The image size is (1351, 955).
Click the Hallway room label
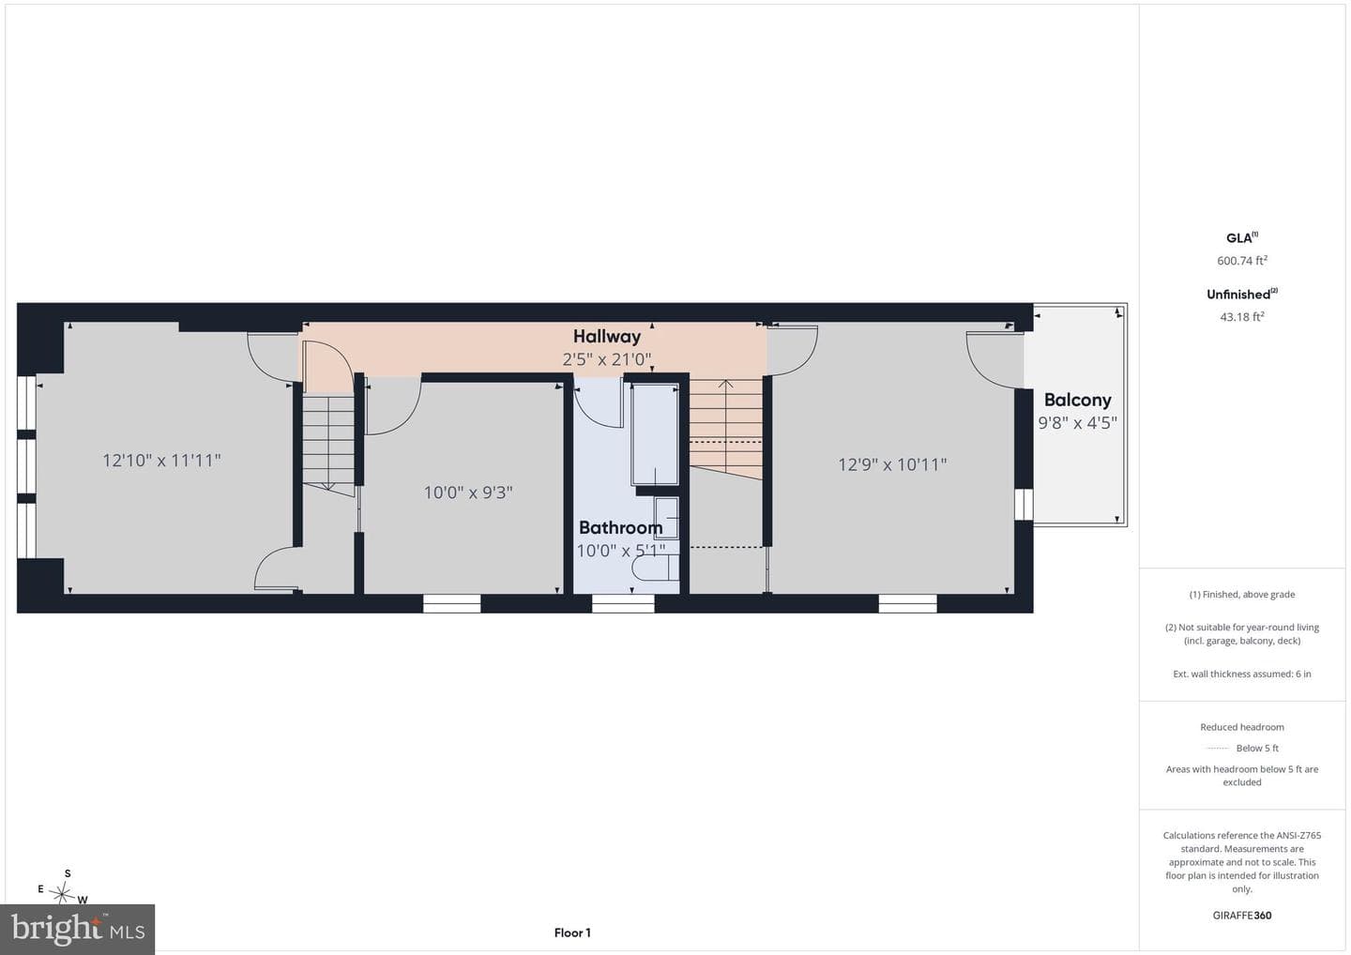[606, 337]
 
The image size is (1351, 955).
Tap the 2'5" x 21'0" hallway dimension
[607, 360]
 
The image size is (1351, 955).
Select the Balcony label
[1077, 400]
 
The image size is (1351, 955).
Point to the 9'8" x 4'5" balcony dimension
[1077, 423]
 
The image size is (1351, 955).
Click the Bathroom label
[621, 527]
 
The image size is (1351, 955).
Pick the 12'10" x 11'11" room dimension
[161, 461]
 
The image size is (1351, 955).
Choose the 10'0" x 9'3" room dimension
[468, 493]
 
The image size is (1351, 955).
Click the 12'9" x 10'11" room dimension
[892, 464]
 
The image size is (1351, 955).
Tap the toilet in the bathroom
[655, 568]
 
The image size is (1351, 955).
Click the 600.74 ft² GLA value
[1242, 261]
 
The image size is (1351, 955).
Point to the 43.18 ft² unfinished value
[1242, 316]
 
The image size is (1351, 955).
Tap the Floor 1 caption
[572, 932]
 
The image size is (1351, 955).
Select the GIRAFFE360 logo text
[1242, 916]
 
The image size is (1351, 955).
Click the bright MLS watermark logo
[77, 929]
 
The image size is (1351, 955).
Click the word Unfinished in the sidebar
[1238, 295]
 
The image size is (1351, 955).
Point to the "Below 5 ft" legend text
[1257, 749]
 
